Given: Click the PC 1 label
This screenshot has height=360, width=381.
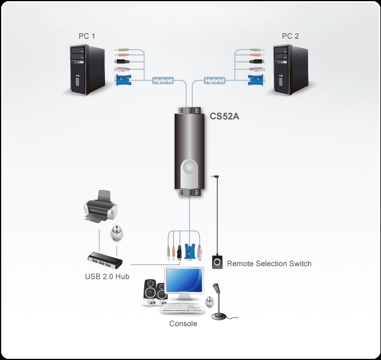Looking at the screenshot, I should pyautogui.click(x=87, y=36).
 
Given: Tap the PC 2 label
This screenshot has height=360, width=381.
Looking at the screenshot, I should pyautogui.click(x=291, y=36).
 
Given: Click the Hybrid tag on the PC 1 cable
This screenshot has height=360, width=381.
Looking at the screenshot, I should pyautogui.click(x=162, y=81).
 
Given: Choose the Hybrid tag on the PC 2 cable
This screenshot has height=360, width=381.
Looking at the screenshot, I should pyautogui.click(x=214, y=81).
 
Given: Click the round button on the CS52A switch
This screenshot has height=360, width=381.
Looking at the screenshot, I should pyautogui.click(x=189, y=167).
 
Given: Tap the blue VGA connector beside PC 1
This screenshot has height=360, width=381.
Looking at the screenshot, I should pyautogui.click(x=124, y=80).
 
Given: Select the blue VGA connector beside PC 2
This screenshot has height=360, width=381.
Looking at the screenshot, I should pyautogui.click(x=253, y=80).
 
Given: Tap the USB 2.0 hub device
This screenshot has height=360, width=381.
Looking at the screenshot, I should pyautogui.click(x=102, y=261).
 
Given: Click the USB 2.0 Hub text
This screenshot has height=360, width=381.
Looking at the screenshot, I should pyautogui.click(x=107, y=277).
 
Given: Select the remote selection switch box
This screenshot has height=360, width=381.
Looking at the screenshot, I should pyautogui.click(x=217, y=263).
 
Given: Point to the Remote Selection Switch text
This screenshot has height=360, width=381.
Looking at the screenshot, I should pyautogui.click(x=269, y=264).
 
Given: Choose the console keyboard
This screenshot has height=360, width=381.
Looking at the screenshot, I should pyautogui.click(x=182, y=309).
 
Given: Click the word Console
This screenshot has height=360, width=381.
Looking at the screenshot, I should pyautogui.click(x=183, y=324).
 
